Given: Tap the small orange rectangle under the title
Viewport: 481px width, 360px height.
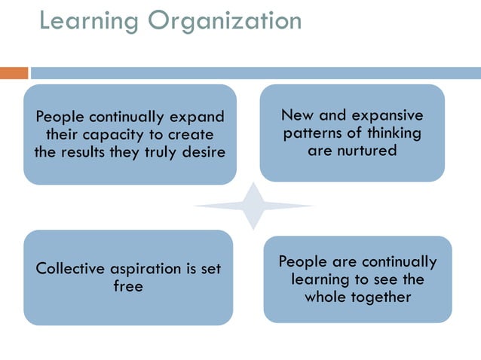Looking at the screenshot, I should (14, 73).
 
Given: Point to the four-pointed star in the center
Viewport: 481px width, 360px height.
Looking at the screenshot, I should (254, 206).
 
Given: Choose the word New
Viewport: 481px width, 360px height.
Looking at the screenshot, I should (297, 115).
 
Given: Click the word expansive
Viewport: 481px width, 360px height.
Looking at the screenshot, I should (385, 115).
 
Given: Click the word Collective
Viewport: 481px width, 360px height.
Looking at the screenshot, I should (70, 268).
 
